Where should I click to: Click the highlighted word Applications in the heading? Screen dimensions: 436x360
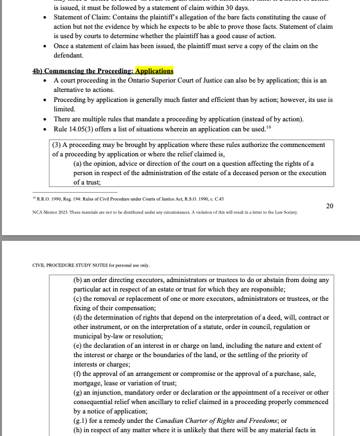pos(154,71)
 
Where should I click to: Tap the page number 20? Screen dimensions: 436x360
pos(329,205)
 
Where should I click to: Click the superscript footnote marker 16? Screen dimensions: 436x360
pos(268,127)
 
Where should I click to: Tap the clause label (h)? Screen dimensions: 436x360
pos(78,430)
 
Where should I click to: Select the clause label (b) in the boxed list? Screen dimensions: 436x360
pos(78,280)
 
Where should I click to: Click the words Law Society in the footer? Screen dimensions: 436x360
pos(284,212)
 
